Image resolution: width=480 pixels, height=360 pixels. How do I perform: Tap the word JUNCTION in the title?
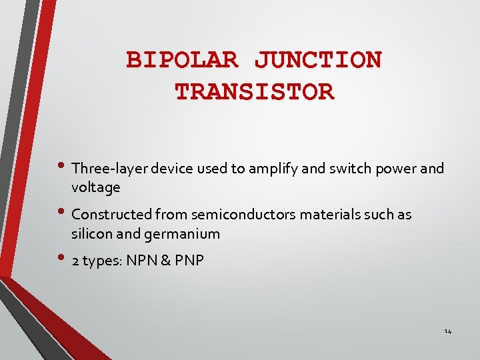[x=318, y=60]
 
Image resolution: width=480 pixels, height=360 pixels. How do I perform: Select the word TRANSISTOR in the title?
[x=254, y=91]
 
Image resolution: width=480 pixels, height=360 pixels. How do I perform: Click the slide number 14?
[x=448, y=331]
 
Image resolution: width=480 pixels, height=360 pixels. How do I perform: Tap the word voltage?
[x=96, y=187]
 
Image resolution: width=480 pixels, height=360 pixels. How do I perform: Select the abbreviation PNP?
[x=189, y=261]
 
